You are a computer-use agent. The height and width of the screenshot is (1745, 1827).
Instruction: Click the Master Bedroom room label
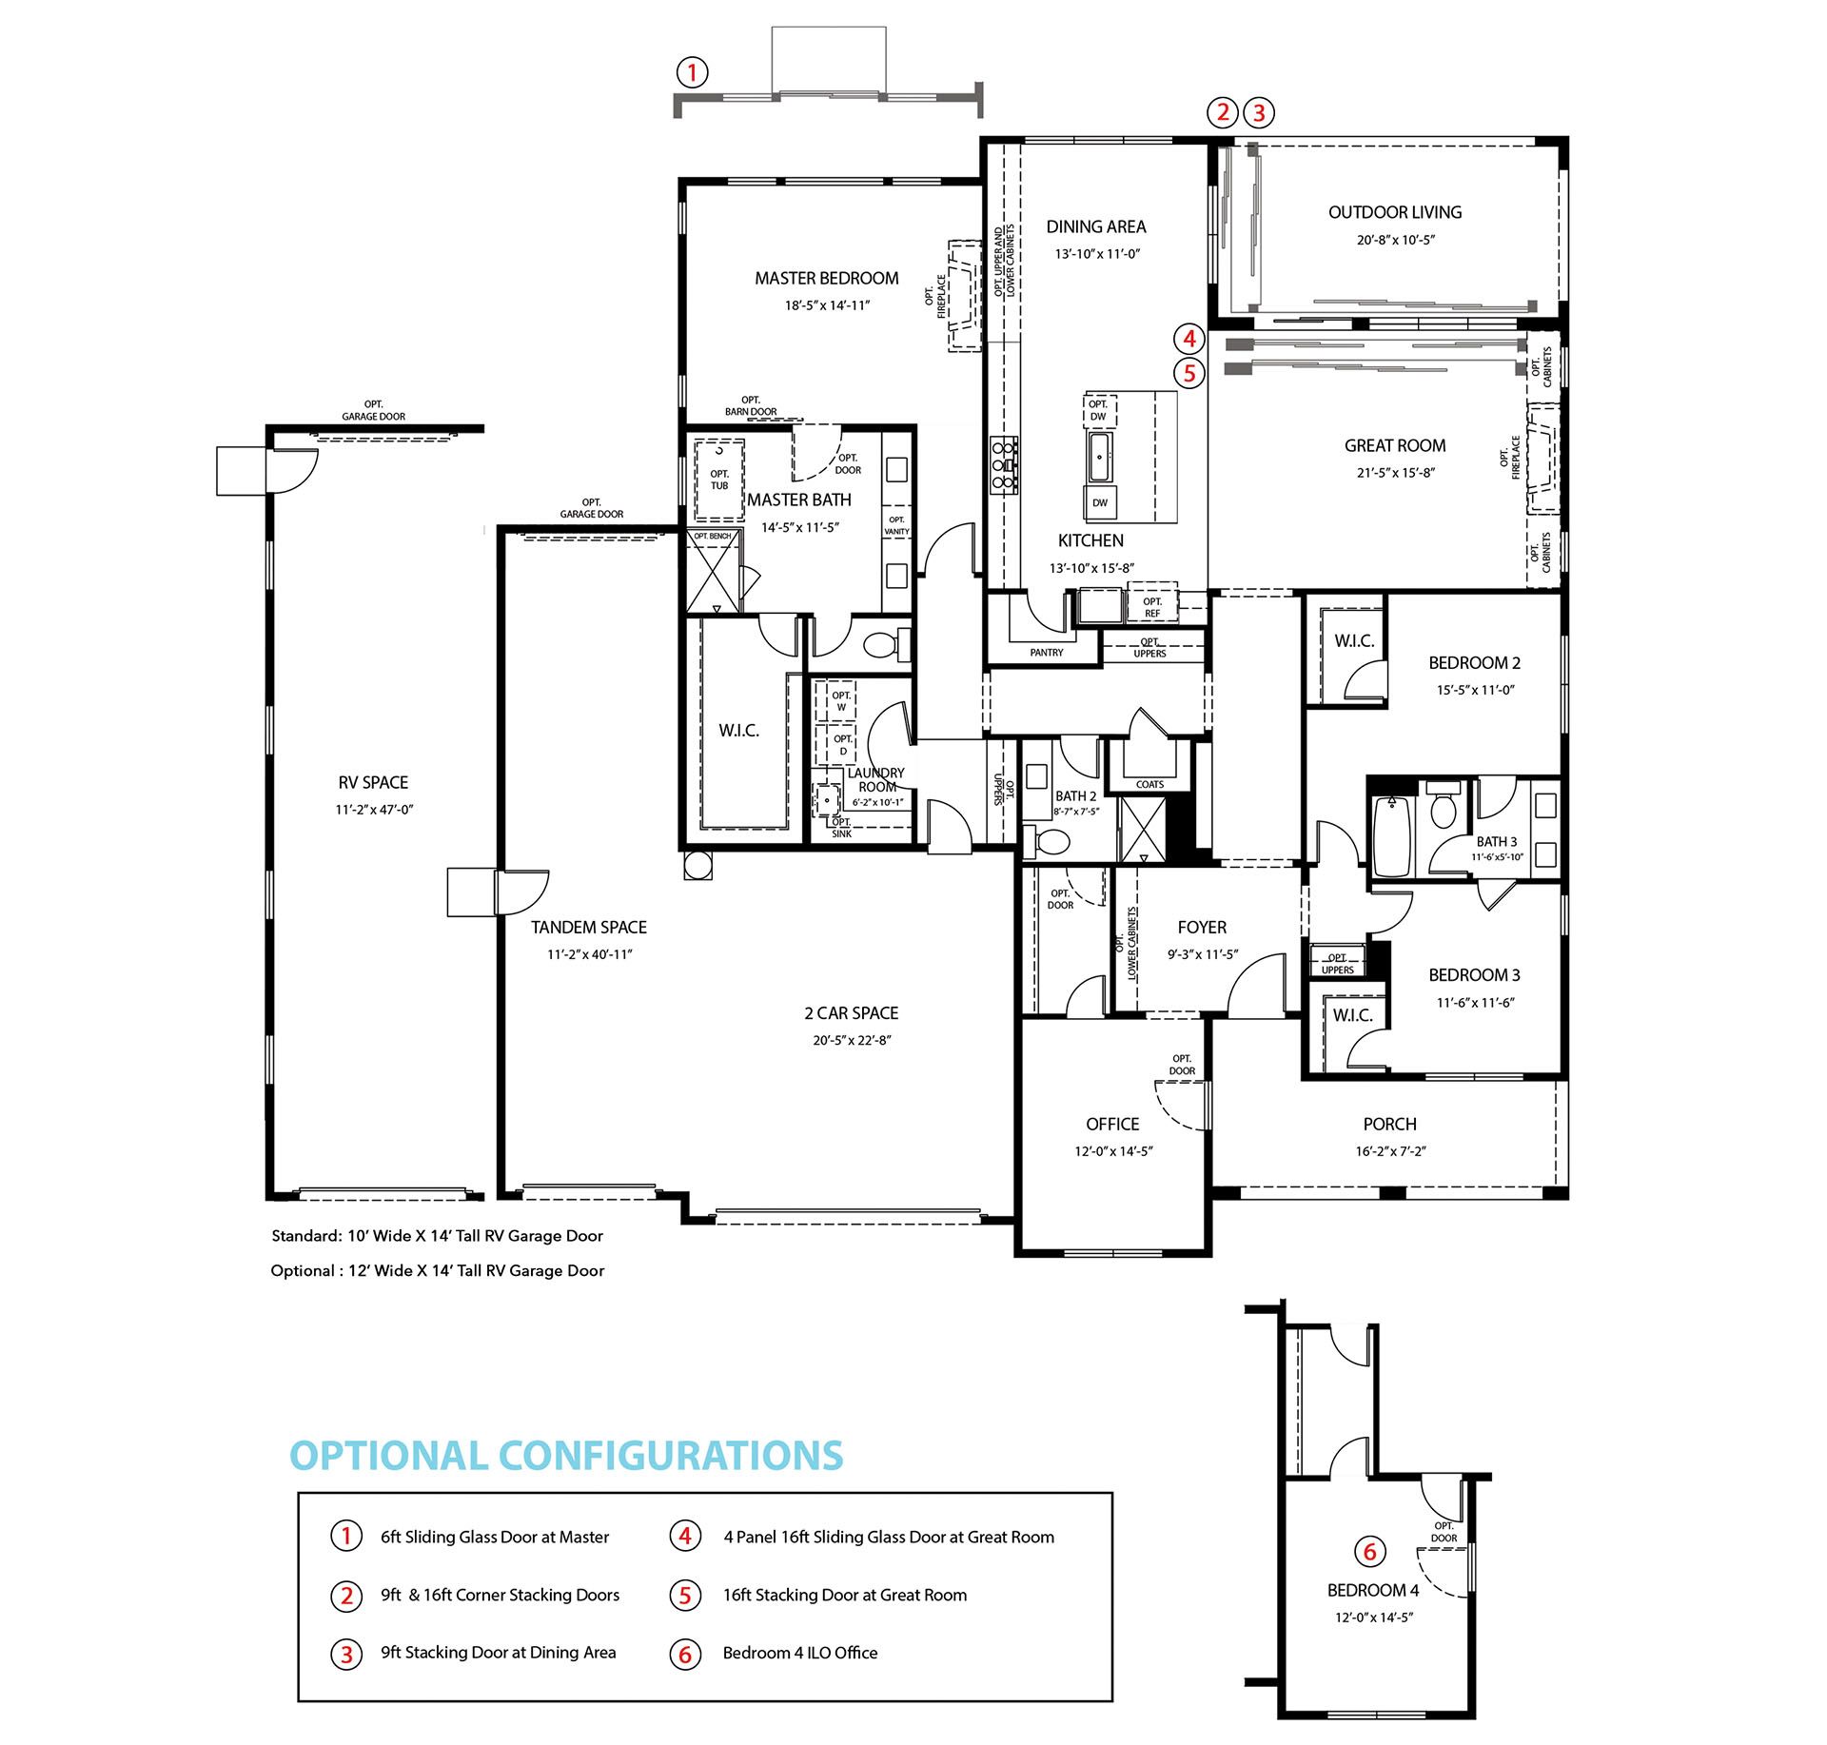point(826,278)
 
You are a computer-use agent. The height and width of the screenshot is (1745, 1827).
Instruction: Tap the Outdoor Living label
point(1395,212)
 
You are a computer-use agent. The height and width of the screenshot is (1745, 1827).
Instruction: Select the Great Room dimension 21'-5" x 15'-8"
point(1395,473)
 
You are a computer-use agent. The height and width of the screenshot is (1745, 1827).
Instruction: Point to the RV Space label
point(373,782)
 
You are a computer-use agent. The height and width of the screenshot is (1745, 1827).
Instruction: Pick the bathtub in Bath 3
point(1390,835)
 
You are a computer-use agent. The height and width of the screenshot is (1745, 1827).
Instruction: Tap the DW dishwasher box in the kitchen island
point(1100,502)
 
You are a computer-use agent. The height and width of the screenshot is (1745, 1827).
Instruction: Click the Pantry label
point(1047,653)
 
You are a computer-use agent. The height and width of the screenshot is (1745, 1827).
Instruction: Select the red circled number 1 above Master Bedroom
point(692,72)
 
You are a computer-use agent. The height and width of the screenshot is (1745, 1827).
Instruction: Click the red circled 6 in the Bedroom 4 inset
point(1369,1552)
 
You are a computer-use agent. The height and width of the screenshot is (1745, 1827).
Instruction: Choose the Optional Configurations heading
point(566,1456)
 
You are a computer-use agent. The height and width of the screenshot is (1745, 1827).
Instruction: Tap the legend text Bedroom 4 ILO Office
point(800,1653)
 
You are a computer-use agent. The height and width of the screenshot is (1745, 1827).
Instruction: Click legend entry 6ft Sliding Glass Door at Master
point(495,1537)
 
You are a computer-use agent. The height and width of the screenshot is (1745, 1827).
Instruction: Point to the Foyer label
point(1202,927)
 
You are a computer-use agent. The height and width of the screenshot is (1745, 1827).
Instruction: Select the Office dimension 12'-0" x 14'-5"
point(1113,1151)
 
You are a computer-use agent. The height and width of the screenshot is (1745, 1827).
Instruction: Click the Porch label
point(1389,1124)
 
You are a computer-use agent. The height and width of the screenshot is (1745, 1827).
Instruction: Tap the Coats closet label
point(1149,784)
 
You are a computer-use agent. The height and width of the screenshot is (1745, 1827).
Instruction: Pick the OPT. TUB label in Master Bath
point(719,480)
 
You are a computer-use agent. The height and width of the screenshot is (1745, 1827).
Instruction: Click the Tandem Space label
point(589,927)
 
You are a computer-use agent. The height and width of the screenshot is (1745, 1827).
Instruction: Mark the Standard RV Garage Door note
point(438,1236)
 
